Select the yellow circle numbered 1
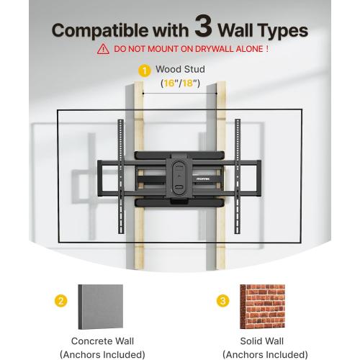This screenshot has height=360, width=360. [145, 70]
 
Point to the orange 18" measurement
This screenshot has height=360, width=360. [191, 84]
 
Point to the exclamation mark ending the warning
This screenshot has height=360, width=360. [266, 50]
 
